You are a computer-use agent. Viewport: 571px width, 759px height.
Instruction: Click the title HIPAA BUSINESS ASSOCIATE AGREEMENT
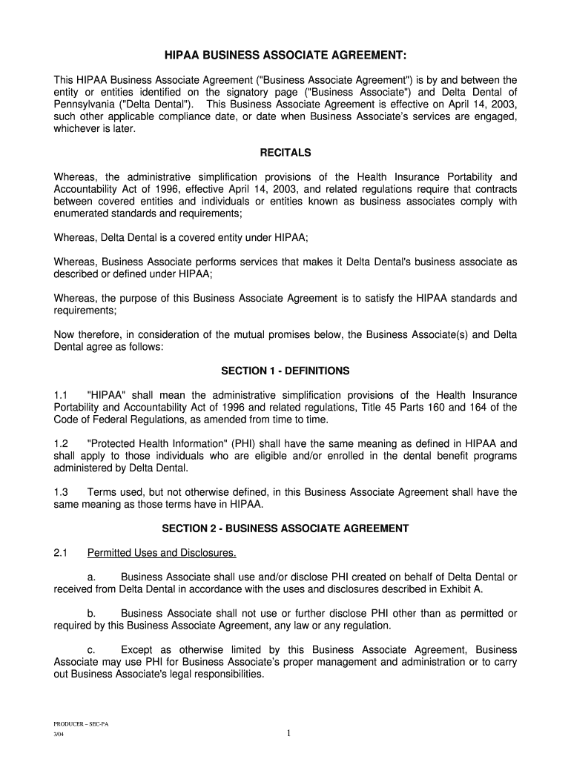285,56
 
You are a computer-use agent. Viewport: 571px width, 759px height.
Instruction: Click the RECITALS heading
285,153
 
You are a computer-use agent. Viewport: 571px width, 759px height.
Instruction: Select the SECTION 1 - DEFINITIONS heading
285,371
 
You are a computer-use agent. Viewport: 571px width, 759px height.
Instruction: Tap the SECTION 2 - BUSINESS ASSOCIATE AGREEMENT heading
285,528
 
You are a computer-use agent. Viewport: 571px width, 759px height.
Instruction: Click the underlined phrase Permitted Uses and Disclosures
161,553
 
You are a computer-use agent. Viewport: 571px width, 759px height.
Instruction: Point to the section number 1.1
61,395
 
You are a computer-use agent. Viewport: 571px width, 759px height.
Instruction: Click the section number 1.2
61,444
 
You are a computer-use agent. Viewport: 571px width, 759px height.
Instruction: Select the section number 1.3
61,492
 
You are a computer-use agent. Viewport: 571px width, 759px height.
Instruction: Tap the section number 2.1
61,553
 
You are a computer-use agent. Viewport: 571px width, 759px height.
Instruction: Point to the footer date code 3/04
59,735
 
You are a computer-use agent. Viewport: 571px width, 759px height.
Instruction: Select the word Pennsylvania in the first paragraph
84,104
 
